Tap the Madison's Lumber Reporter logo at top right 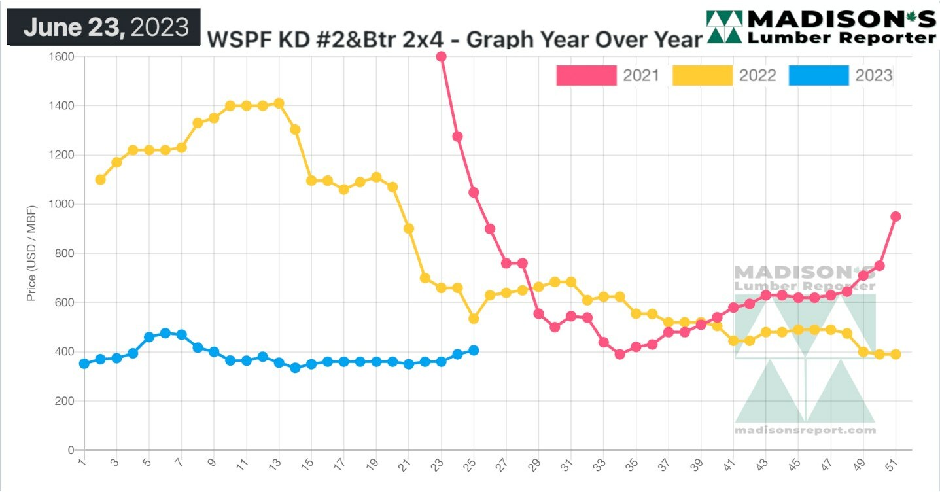click(x=821, y=27)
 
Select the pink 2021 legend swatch click(x=586, y=75)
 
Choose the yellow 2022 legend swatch click(x=702, y=75)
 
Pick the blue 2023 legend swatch click(x=818, y=75)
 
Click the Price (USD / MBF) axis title click(x=31, y=253)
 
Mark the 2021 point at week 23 click(x=441, y=56)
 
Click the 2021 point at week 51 click(x=896, y=217)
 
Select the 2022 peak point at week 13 click(x=279, y=103)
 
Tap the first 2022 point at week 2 click(x=100, y=179)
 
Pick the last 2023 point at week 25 click(x=474, y=350)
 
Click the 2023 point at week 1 click(x=84, y=363)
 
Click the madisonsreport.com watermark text click(x=805, y=430)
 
